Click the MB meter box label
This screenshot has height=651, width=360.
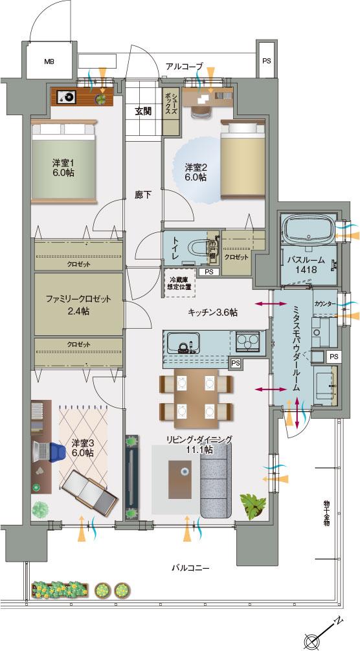coord(49,62)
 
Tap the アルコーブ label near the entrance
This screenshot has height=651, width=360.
coord(185,67)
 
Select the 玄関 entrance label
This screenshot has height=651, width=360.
coord(143,111)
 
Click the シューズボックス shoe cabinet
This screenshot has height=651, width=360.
coord(170,111)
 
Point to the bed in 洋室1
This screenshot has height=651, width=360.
coord(63,162)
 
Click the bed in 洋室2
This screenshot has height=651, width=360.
coord(243,161)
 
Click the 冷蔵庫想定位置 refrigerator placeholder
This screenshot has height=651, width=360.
coord(179,283)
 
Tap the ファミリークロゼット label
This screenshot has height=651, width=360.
coord(78,299)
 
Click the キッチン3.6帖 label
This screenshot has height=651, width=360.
coord(212,313)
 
